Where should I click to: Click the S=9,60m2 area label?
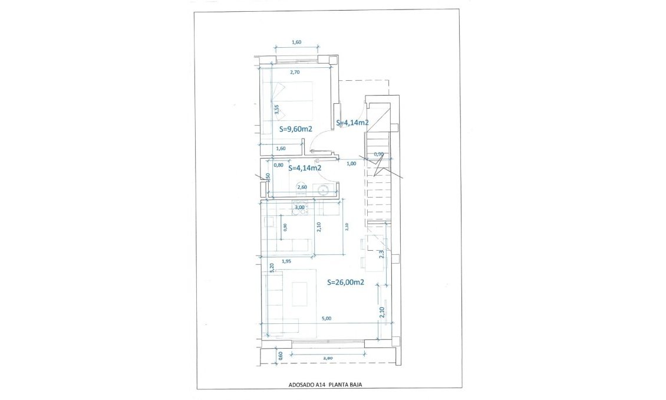tap(295, 128)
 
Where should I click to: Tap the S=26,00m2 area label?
tap(345, 283)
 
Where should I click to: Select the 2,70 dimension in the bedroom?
tap(295, 72)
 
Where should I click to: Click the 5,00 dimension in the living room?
tap(326, 319)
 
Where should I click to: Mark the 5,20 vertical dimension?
tap(271, 267)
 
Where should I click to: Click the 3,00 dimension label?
tap(299, 207)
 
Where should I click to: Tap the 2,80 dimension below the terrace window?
tap(328, 358)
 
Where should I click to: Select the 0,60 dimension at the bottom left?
tap(281, 355)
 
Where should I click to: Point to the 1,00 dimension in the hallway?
tap(351, 163)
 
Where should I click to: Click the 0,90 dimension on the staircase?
tap(379, 155)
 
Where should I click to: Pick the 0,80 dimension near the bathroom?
tap(278, 165)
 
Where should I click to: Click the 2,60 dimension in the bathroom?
tap(302, 187)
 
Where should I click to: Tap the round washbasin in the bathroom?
tap(322, 190)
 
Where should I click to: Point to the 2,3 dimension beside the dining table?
tap(381, 253)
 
